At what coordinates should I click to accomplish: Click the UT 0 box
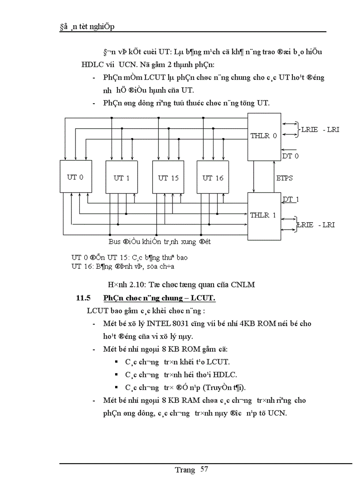coord(72,177)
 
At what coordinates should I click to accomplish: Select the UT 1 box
coord(121,178)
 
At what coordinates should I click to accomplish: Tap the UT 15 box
coord(168,178)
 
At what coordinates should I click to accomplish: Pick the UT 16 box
coord(213,178)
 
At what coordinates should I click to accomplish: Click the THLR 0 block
coord(264,136)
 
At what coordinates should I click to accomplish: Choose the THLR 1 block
coord(263,216)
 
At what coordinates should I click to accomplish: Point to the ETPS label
coord(285,178)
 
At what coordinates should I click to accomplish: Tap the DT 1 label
coord(291,199)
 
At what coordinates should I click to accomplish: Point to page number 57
coord(204,469)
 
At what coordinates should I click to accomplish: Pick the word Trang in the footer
coord(184,470)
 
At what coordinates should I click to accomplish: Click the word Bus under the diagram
coord(114,242)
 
